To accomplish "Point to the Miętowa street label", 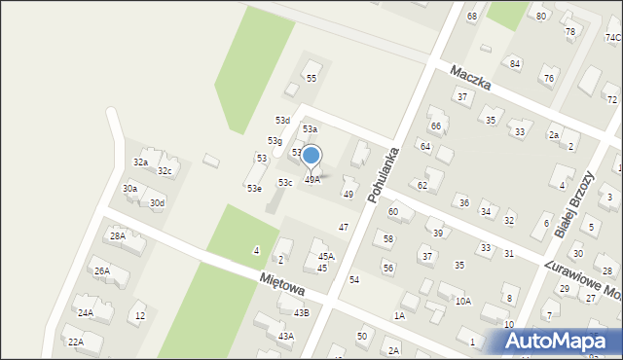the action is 282,283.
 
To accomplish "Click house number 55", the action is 311,78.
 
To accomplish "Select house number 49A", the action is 311,180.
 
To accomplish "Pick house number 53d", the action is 282,120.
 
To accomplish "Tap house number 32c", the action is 165,171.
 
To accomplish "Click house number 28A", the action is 118,235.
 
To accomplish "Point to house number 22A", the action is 75,342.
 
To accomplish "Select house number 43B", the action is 302,312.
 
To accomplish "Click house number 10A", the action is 462,302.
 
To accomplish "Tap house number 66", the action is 436,126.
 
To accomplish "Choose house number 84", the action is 515,63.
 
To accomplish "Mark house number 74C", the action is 612,37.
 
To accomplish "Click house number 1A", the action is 399,316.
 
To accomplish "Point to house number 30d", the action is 157,202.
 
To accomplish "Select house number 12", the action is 140,315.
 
